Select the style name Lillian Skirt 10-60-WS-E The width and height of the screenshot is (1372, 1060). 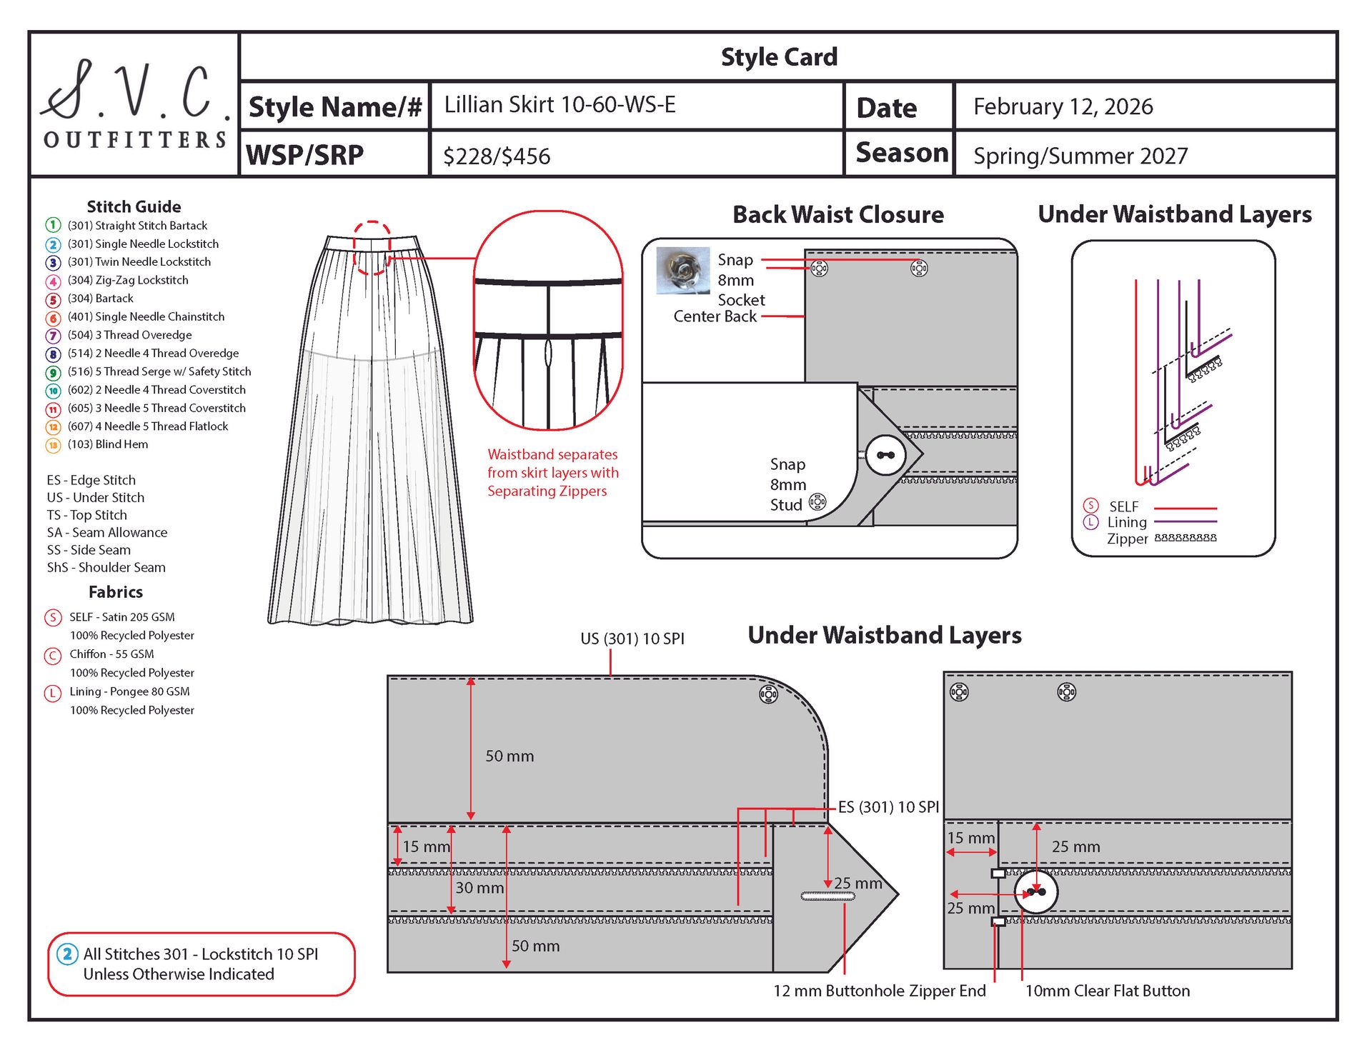560,105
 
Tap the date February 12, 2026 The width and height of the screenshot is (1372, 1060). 1063,106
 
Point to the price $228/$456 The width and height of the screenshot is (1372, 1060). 497,156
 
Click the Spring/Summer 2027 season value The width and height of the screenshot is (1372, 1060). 1080,156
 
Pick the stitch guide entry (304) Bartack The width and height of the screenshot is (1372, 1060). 100,299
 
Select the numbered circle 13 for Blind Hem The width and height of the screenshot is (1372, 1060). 53,445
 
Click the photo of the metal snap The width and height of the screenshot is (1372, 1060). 682,270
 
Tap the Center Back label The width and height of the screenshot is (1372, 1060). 715,316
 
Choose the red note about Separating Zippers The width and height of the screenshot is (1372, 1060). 552,473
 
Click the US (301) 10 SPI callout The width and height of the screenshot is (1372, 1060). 632,639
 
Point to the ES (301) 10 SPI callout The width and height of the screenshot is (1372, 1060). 888,807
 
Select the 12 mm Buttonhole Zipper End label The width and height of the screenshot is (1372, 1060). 879,991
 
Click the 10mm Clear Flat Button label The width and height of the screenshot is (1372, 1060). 1107,991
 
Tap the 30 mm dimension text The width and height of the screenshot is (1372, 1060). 479,888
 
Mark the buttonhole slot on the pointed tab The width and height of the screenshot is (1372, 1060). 827,896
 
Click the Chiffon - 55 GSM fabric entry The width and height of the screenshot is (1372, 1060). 111,654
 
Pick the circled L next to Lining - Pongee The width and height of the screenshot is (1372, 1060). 53,692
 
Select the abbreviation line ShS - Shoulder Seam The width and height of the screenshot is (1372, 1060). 106,568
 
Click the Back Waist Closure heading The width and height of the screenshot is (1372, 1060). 837,214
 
